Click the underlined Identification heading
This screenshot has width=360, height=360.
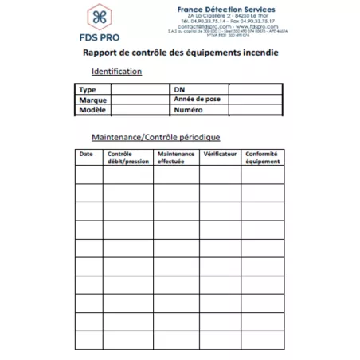pos(116,72)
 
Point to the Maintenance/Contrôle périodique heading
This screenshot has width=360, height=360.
pos(155,137)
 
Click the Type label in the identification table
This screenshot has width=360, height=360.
pos(88,90)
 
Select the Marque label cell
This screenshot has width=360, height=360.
pos(92,100)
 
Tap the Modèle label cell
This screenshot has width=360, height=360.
pos(93,110)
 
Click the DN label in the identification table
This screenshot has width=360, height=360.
pos(179,90)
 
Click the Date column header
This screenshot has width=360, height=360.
pos(88,153)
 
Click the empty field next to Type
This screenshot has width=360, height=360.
pos(139,90)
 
